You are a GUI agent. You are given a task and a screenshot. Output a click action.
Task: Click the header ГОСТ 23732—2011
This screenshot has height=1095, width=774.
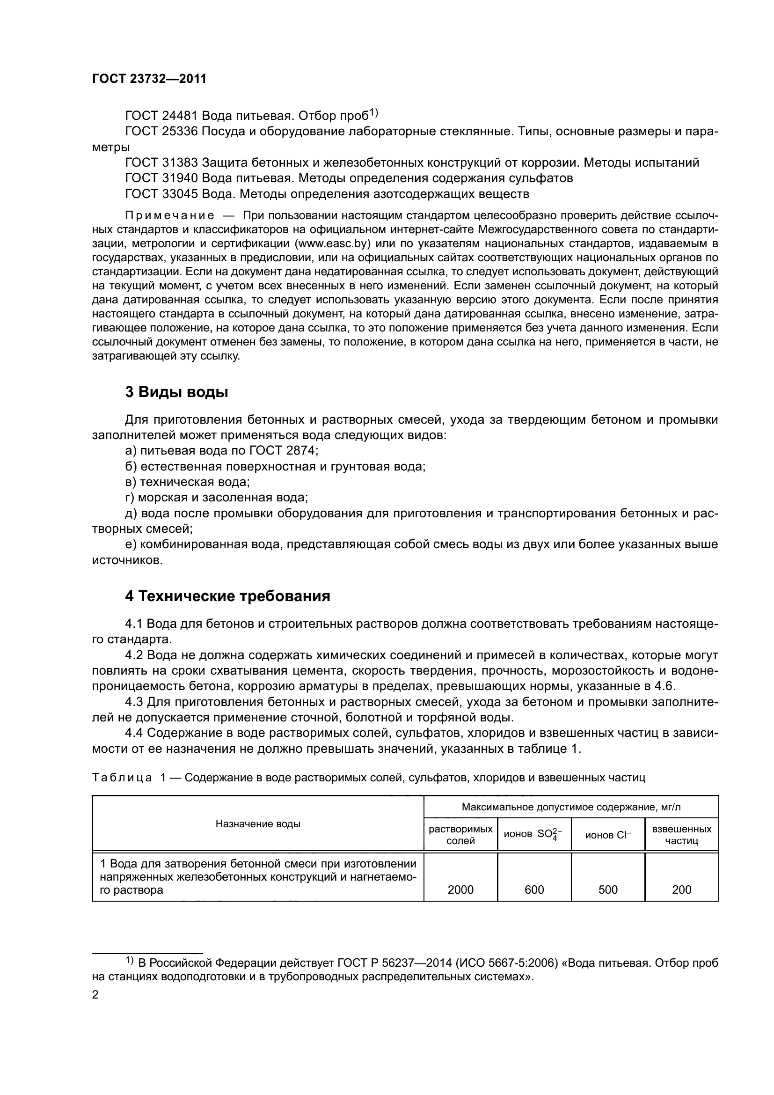pos(149,79)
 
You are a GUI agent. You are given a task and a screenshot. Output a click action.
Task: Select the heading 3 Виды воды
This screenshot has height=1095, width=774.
pos(176,392)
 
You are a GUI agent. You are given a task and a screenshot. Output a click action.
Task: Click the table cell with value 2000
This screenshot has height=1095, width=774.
pos(460,889)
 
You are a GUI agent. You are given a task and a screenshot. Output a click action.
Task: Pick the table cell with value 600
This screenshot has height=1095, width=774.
pos(534,889)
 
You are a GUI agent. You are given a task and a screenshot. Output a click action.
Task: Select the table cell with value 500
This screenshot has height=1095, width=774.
pos(608,889)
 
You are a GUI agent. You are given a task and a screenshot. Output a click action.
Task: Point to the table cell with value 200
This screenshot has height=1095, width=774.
pos(681,889)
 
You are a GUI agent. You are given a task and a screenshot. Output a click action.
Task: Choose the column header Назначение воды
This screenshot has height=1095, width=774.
pos(258,823)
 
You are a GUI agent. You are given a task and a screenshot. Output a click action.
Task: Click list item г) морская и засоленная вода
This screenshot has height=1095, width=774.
pos(216,498)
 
